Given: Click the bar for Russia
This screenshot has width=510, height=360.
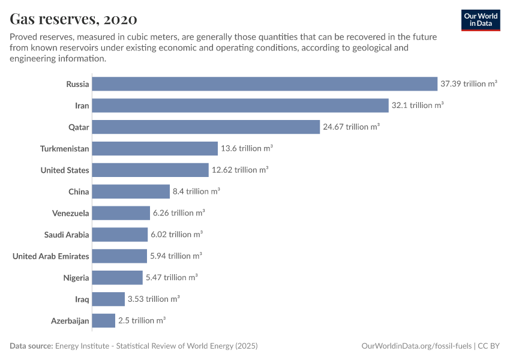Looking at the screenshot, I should click(x=265, y=84).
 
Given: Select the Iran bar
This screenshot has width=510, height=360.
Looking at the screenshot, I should click(x=241, y=106).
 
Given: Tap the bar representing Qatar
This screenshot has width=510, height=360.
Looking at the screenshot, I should click(x=206, y=127).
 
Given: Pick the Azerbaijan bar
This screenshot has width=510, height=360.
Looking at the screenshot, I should click(x=104, y=321).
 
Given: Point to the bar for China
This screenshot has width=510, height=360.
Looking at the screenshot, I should click(x=131, y=192).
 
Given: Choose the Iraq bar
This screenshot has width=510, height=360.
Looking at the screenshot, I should click(x=109, y=299).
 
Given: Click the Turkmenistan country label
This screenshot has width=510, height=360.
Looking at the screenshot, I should click(x=65, y=149).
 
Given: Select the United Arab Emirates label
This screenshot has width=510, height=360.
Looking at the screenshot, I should click(x=51, y=256).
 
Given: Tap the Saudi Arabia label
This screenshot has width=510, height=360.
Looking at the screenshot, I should click(x=67, y=235).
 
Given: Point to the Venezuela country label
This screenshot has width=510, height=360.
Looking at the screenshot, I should click(x=71, y=213).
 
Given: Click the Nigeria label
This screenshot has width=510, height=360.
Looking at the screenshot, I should click(x=76, y=278).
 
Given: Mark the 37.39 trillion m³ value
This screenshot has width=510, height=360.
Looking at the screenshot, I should click(x=469, y=84).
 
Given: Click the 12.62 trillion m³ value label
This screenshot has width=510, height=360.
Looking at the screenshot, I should click(x=239, y=170).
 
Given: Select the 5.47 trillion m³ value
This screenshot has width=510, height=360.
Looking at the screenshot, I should click(x=172, y=278).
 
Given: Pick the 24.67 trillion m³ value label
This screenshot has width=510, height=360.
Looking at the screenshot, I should click(x=351, y=127).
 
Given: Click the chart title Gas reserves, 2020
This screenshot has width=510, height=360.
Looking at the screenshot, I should click(x=73, y=19).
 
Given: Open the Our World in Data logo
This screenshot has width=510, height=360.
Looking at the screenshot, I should click(x=481, y=20).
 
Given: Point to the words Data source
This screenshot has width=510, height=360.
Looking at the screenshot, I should click(x=31, y=346).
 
